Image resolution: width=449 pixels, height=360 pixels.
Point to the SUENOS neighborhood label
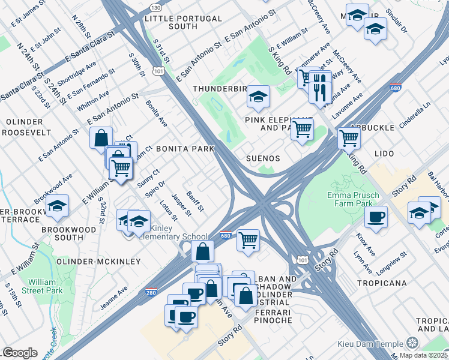pos(263,158)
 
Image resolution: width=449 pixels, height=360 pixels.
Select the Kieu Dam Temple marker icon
pos(412,343)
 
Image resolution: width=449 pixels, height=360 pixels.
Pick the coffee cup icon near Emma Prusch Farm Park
pos(376,216)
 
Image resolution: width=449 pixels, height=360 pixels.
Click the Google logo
pos(20,353)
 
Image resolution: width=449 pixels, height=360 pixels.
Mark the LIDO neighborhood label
pos(384,154)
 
